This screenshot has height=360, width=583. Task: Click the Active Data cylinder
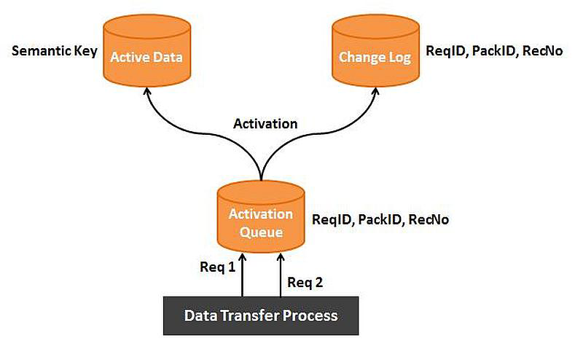147,51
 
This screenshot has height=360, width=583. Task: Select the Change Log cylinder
375,51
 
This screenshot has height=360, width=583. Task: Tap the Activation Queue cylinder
261,217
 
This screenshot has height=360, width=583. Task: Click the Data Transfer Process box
261,316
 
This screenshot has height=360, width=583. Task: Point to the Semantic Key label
55,51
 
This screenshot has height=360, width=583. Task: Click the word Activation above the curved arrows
265,123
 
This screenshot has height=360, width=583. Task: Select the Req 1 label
217,267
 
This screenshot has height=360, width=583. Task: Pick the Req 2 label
305,283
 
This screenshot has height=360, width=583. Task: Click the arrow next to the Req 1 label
243,275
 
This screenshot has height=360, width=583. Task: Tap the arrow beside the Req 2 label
281,275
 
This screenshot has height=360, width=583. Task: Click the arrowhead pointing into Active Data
147,92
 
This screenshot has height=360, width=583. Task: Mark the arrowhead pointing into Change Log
375,92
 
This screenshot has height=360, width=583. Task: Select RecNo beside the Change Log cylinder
542,51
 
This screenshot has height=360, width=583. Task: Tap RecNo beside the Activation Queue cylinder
429,219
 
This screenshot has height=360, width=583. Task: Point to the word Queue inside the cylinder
261,232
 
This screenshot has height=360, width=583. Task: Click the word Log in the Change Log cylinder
399,58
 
